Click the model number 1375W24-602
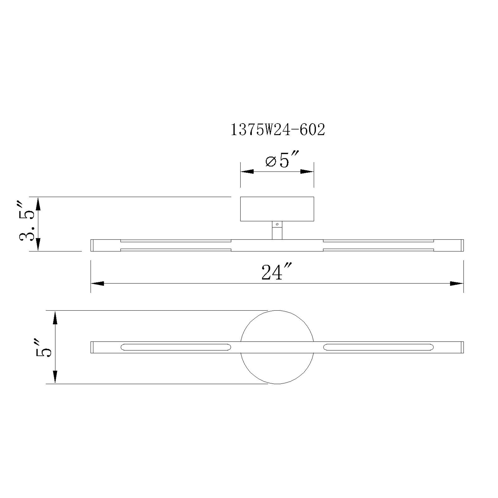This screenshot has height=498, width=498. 277,130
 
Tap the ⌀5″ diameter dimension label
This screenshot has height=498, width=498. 282,161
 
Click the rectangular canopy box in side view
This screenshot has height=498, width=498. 277,209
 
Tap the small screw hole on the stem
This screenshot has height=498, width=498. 277,225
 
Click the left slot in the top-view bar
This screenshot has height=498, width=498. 176,347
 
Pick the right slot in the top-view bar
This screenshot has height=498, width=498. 378,347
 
